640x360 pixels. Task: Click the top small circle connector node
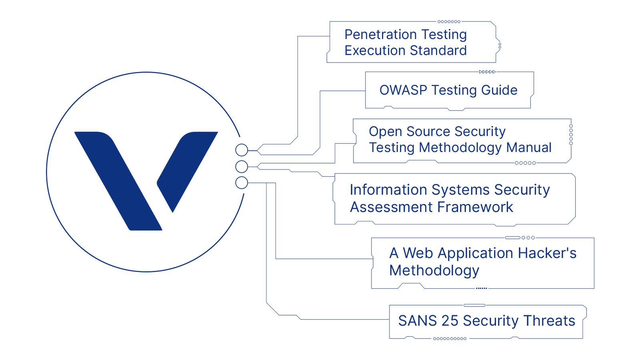[x=242, y=150]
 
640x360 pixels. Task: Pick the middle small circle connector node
[x=242, y=166]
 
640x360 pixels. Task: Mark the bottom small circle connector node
[x=242, y=183]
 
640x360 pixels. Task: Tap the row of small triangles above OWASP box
[x=487, y=72]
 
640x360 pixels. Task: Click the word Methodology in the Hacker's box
[x=434, y=270]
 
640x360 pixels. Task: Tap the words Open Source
[x=410, y=131]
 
